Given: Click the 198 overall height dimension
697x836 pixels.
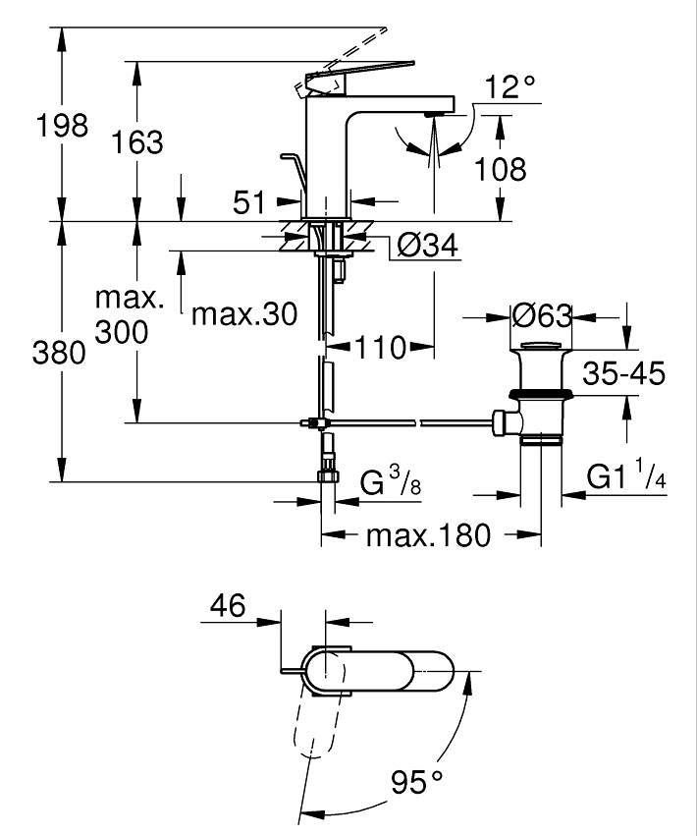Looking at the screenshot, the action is pyautogui.click(x=62, y=127).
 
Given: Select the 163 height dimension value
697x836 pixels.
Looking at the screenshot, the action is pyautogui.click(x=137, y=142).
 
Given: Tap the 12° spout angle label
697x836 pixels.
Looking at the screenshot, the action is pyautogui.click(x=509, y=86).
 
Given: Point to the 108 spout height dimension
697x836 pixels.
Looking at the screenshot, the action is pyautogui.click(x=500, y=170).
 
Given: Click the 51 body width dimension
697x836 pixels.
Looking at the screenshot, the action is pyautogui.click(x=248, y=202).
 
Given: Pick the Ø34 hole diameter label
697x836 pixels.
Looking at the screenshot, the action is pyautogui.click(x=427, y=246).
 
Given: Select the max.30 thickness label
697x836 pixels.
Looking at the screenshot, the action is pyautogui.click(x=244, y=314).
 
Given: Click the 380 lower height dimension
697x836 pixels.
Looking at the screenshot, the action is pyautogui.click(x=59, y=353).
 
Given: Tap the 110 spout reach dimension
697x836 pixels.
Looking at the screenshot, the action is pyautogui.click(x=380, y=348).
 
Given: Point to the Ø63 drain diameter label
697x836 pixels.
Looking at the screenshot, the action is pyautogui.click(x=541, y=316).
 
